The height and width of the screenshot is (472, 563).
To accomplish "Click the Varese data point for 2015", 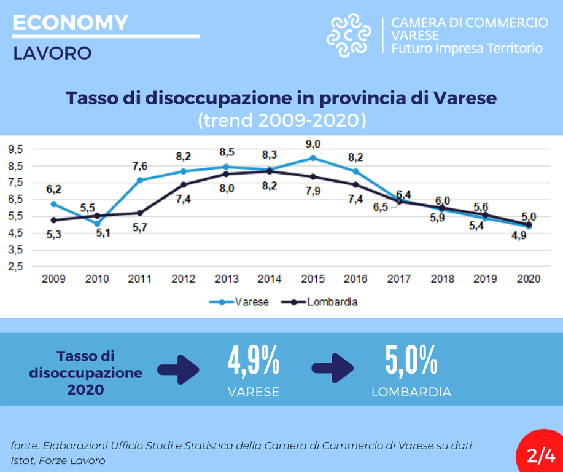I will tap(313, 158).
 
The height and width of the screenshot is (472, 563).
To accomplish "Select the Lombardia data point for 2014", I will tap(270, 171).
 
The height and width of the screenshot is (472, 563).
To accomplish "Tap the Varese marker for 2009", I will tap(54, 204).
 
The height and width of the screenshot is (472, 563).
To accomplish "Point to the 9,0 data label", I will tap(313, 144).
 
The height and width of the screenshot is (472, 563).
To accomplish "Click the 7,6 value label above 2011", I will tap(140, 167).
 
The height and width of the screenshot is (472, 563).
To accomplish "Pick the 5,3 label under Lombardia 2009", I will tap(54, 234).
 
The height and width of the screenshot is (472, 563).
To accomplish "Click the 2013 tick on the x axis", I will tap(227, 279).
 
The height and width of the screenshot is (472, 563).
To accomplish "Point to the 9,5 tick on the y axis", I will tap(17, 149).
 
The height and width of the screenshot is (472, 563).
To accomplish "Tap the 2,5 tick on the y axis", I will tap(17, 267).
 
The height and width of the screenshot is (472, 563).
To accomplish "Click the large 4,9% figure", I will tap(254, 361).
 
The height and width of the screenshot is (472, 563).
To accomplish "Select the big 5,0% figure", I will tap(411, 361).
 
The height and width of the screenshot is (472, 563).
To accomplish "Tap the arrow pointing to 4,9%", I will tap(179, 369).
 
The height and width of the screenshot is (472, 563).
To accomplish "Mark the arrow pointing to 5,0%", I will tap(333, 368).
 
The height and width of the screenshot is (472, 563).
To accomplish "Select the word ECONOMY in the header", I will tap(70, 23).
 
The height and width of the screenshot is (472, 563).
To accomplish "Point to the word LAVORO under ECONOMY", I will tap(52, 53).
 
